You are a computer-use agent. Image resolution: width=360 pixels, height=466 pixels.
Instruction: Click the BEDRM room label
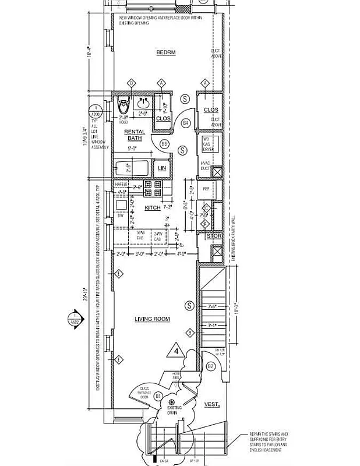click(x=165, y=53)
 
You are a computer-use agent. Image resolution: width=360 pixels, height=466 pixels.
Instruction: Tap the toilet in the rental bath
click(x=123, y=107)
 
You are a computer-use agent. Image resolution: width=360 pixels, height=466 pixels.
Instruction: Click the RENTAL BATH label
click(x=135, y=135)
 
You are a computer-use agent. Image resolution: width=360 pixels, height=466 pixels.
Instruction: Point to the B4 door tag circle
click(x=186, y=123)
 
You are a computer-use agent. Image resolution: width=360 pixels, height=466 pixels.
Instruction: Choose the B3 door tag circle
click(x=164, y=143)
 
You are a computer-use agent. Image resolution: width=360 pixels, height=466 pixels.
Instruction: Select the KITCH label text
click(x=152, y=207)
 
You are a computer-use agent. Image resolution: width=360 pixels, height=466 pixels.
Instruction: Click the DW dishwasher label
click(x=121, y=216)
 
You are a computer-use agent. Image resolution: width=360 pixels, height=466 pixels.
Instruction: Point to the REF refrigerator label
click(x=206, y=189)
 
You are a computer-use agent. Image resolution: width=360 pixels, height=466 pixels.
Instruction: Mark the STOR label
click(x=211, y=236)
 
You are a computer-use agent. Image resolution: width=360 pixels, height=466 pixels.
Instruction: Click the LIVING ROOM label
click(x=152, y=319)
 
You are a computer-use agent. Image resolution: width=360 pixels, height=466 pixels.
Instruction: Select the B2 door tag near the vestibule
click(x=211, y=366)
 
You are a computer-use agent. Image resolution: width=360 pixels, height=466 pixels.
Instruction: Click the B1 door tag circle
click(x=157, y=396)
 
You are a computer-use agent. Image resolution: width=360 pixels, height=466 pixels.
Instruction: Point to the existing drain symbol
click(x=171, y=402)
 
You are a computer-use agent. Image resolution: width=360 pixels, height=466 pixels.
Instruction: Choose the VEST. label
click(x=211, y=404)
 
